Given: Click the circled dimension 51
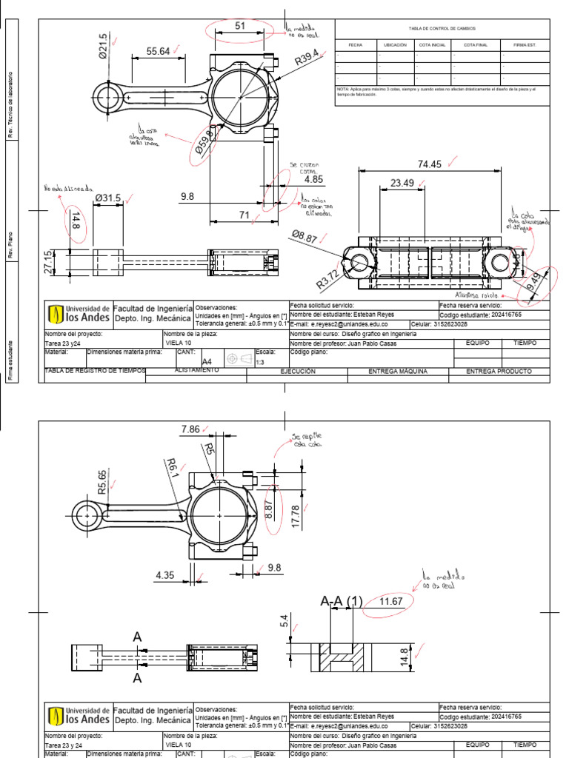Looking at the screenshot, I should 240,27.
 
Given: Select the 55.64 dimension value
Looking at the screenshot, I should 158,51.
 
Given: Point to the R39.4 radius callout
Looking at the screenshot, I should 306,58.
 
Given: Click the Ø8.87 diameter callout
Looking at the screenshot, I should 305,237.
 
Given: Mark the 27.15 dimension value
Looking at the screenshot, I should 50,263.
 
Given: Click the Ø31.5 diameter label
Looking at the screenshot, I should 108,198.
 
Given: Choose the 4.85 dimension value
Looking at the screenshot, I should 313,179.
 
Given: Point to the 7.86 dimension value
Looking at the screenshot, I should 190,429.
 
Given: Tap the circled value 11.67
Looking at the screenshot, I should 390,601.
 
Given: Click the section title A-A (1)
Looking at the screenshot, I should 342,601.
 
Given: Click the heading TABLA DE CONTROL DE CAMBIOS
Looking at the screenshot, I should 442,27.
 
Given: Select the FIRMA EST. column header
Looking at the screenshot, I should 524,45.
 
